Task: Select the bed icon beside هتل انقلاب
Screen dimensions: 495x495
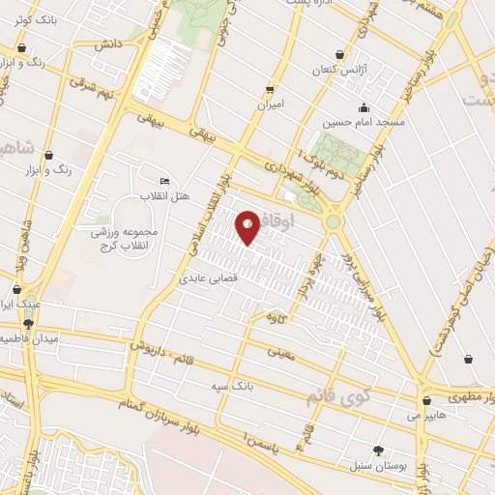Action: point(163,181)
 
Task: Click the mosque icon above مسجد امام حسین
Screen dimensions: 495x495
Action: point(364,107)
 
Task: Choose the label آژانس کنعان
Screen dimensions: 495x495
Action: point(337,71)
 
